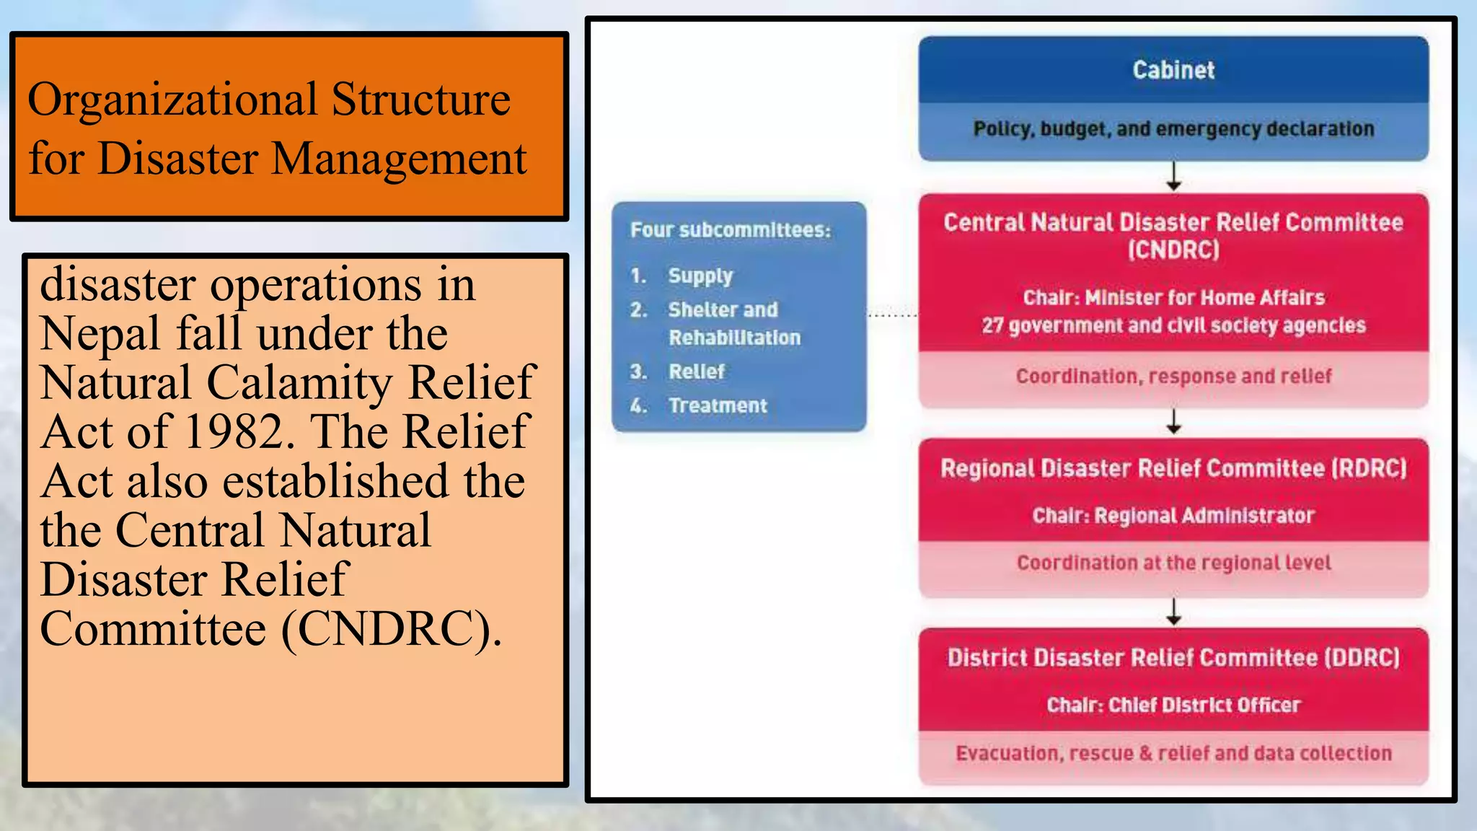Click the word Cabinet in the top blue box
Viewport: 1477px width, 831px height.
(x=1173, y=70)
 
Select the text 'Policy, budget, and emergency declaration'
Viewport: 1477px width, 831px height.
(x=1173, y=129)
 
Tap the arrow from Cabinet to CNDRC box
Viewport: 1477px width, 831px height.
(x=1174, y=177)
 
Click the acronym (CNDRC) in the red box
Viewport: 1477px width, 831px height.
(x=1173, y=250)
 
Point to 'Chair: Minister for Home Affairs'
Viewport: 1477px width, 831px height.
(x=1173, y=297)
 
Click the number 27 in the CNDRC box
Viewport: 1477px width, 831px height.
(x=992, y=325)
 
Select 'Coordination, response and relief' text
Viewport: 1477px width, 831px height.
(x=1173, y=376)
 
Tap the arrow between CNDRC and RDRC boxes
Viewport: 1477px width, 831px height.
(x=1174, y=422)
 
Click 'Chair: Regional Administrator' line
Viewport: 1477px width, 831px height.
(x=1173, y=516)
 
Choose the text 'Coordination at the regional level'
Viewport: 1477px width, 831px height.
(x=1173, y=563)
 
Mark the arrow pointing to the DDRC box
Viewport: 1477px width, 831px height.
(x=1174, y=612)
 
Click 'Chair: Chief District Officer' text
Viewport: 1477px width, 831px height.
(x=1173, y=705)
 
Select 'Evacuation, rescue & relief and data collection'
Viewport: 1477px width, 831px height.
(x=1173, y=753)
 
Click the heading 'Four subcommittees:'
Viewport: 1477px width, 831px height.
(x=730, y=230)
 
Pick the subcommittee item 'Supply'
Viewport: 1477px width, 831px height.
(x=700, y=276)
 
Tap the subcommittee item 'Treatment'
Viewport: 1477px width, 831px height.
(x=718, y=405)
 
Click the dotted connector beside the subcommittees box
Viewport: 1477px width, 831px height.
(x=892, y=315)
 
